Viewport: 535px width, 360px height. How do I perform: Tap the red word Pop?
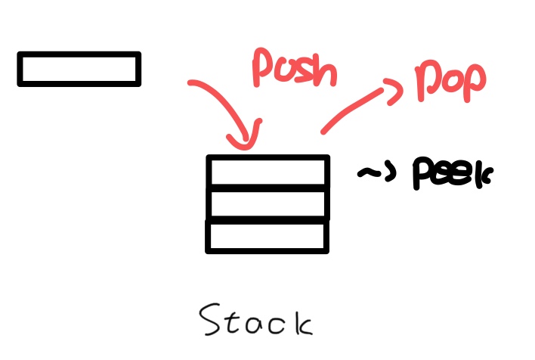coord(450,81)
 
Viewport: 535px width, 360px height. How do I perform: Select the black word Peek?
coord(452,174)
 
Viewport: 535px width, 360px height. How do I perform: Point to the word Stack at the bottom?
coord(256,321)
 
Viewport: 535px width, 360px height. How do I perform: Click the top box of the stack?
coord(267,171)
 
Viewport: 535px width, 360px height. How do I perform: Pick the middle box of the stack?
coord(267,203)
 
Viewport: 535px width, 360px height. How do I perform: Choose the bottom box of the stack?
coord(267,235)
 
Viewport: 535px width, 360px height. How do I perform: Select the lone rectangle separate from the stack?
coord(79,69)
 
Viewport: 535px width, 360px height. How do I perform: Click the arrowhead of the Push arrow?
coord(247,140)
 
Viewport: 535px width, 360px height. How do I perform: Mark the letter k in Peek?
coord(481,175)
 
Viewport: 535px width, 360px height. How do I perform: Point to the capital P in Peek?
coord(422,175)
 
